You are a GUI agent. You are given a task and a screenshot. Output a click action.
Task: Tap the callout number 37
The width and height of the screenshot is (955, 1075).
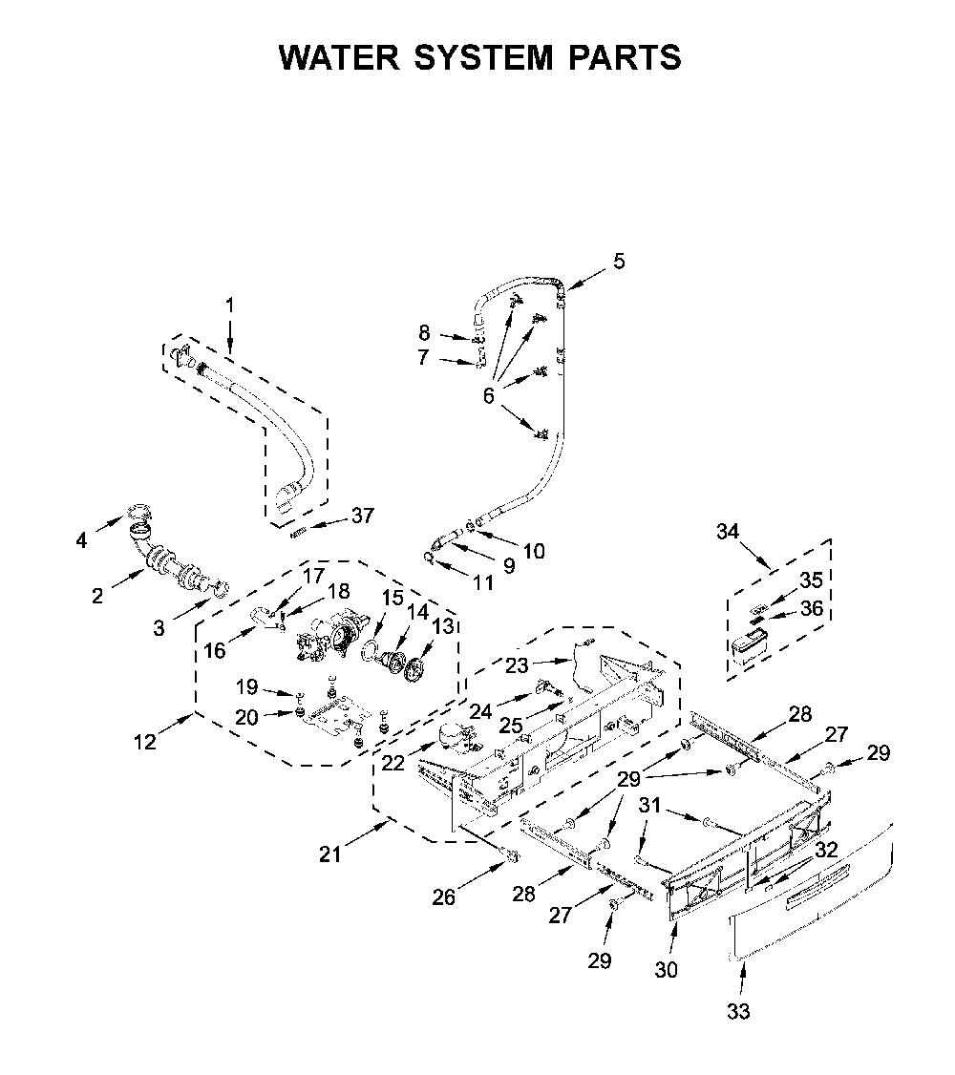(363, 515)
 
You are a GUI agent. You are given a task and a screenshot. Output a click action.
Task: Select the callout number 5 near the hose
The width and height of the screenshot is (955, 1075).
(619, 262)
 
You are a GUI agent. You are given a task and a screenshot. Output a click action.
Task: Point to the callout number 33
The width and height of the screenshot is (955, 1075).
(738, 1011)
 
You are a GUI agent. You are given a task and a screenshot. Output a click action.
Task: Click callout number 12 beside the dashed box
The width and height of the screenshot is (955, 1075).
(146, 741)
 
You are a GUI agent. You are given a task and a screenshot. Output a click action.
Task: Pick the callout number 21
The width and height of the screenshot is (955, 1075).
(329, 854)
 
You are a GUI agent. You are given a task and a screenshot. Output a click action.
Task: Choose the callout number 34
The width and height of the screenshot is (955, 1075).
(728, 532)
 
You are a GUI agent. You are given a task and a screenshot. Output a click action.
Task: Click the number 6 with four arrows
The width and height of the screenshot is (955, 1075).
(488, 395)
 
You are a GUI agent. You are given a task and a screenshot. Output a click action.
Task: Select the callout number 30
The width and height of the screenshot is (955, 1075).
(666, 969)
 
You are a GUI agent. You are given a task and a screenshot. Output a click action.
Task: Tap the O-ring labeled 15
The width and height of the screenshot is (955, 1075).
(371, 650)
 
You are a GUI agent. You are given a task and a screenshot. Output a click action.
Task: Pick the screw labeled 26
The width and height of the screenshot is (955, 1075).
(510, 855)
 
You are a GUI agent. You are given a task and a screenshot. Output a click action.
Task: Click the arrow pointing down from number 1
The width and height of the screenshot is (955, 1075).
(229, 335)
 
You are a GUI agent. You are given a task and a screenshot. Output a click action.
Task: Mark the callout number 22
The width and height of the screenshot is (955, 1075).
(393, 763)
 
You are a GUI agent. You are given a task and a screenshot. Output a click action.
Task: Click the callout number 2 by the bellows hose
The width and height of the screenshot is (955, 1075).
(97, 595)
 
